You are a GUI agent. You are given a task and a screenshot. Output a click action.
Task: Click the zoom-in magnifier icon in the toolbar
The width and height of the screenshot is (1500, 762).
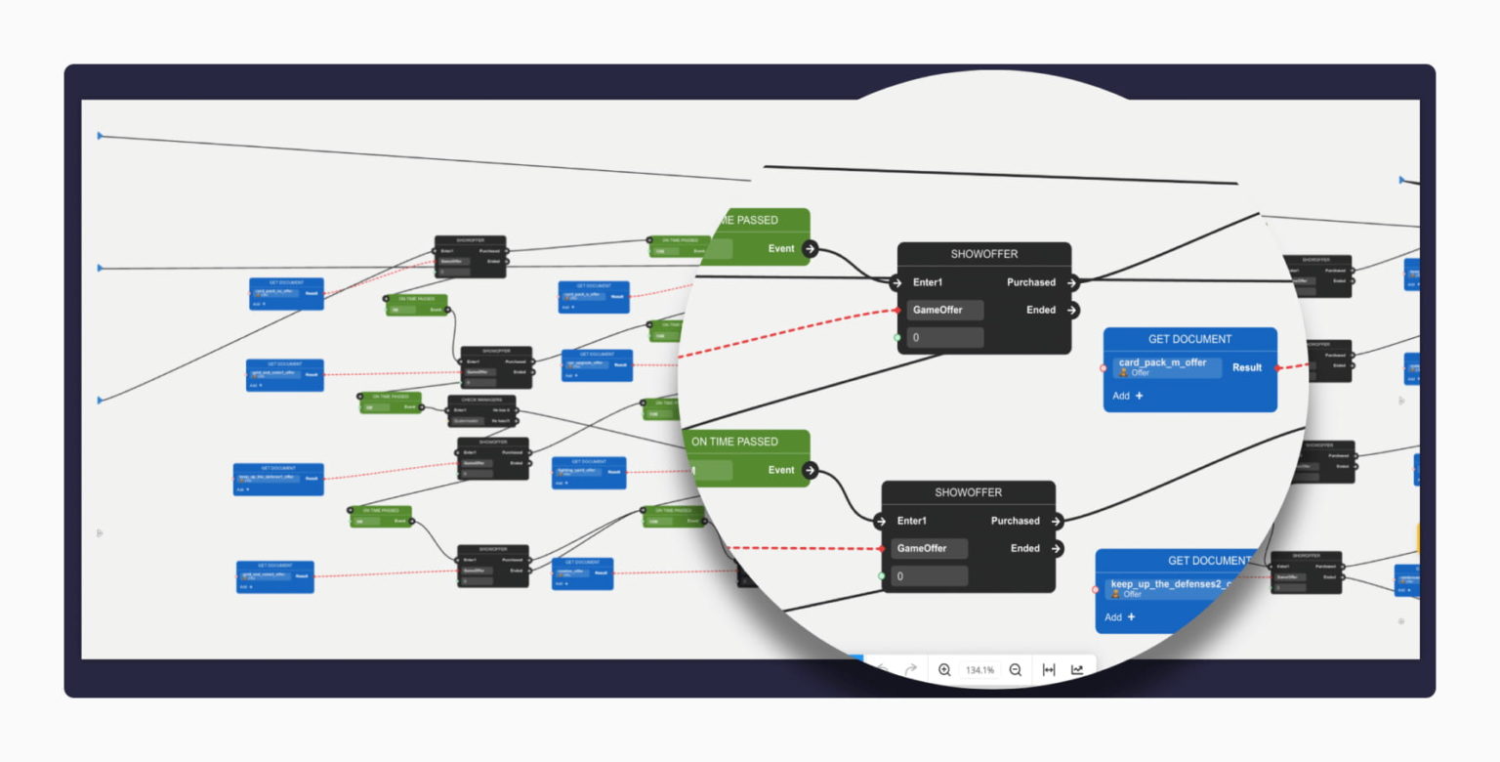pos(944,669)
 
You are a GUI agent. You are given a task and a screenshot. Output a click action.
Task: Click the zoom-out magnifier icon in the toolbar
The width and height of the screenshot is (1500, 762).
pos(1016,669)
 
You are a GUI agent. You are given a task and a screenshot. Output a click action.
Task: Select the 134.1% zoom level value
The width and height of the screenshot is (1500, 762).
pos(979,670)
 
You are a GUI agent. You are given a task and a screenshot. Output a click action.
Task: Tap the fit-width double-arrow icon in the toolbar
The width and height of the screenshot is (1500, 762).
pos(1049,669)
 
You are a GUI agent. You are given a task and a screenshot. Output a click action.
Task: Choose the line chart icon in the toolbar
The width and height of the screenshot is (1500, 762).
pos(1077,669)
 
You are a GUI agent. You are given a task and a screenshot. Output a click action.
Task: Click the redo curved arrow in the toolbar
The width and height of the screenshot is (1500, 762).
pos(910,669)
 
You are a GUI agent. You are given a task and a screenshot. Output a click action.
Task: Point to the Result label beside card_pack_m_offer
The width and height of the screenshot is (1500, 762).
pos(1247,367)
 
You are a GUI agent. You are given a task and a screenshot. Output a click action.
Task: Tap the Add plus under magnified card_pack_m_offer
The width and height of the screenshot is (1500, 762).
pos(1128,396)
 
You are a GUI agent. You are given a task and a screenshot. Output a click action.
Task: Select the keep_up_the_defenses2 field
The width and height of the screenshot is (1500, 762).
pos(1172,588)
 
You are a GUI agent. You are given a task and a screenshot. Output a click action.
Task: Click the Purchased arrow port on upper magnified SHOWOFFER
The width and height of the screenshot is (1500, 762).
pos(1072,282)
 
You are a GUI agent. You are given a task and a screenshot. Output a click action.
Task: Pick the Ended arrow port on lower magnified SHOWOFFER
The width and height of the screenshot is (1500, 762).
pos(1057,548)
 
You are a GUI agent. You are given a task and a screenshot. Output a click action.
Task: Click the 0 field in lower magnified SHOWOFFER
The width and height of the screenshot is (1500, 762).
pos(929,576)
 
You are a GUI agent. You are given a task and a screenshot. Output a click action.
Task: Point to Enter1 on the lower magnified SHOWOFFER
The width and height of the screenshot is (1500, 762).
pos(912,521)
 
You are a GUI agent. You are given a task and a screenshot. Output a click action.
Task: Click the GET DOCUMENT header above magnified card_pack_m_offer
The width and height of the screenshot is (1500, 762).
pos(1189,339)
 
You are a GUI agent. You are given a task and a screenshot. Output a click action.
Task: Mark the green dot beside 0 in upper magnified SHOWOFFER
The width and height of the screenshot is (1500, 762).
pos(897,338)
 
